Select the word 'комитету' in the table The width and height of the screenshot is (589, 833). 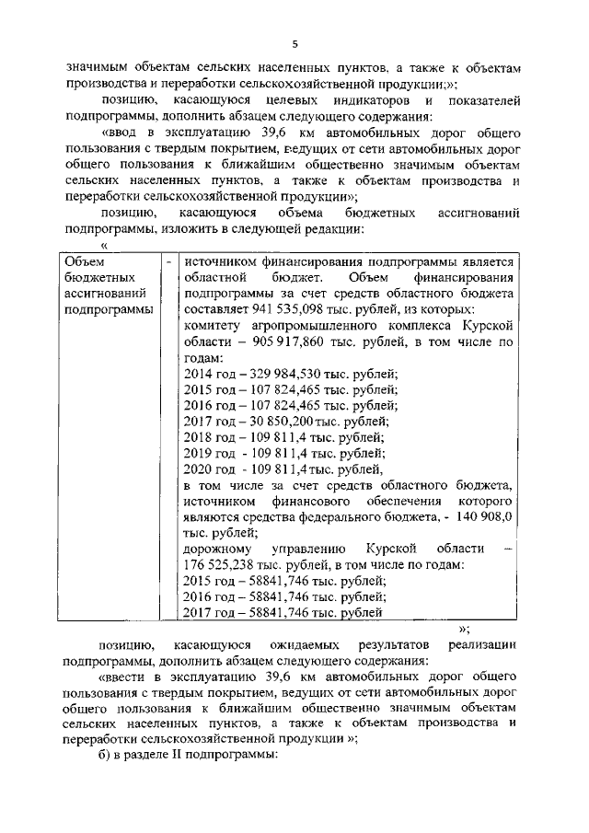214,326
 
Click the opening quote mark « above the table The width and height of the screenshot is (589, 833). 104,246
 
